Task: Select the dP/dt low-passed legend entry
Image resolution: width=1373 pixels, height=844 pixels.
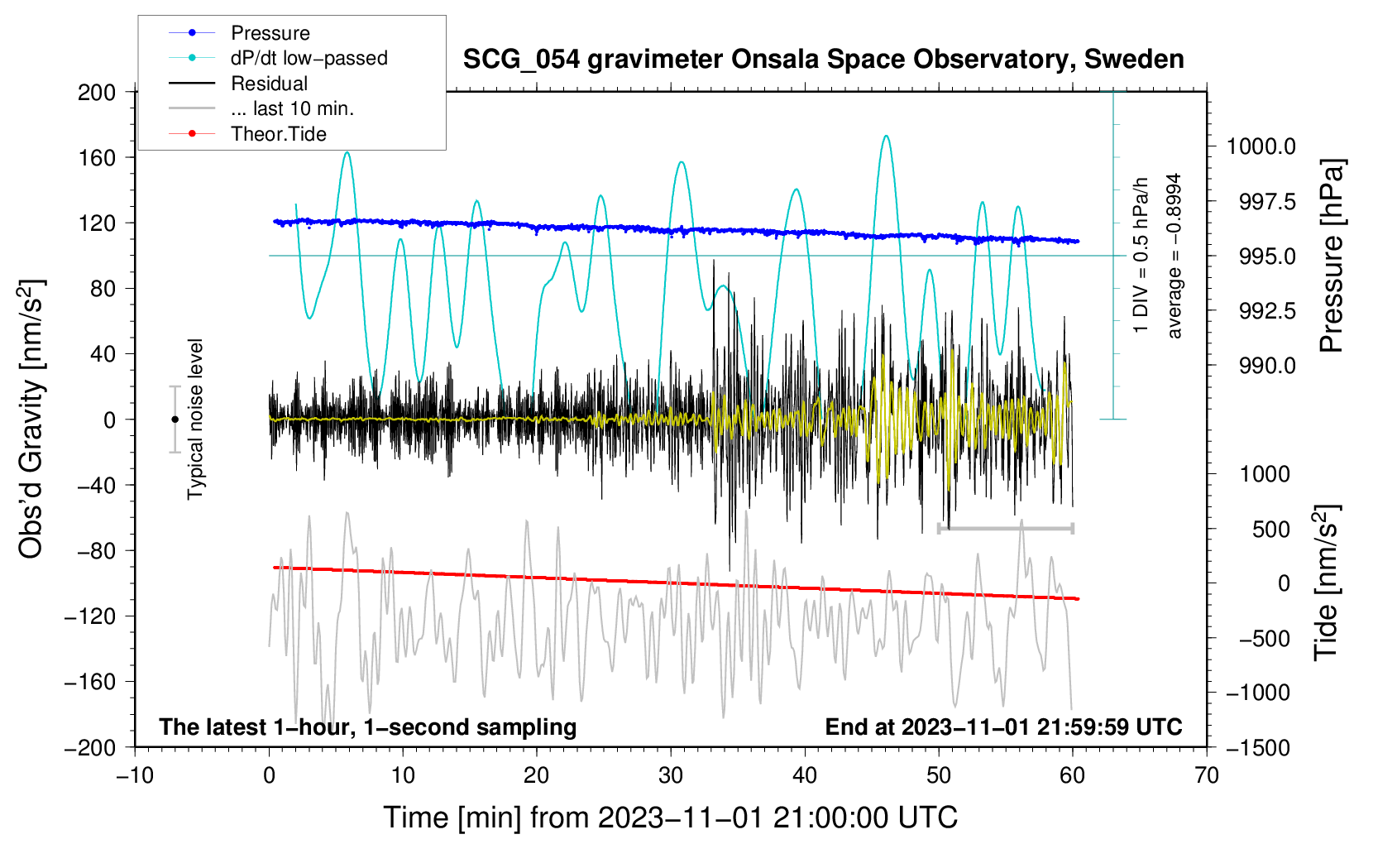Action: (309, 58)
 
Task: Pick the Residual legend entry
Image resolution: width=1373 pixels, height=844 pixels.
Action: (269, 84)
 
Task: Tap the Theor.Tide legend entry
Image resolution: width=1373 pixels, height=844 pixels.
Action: (278, 134)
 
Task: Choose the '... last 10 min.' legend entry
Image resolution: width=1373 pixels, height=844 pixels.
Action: (292, 108)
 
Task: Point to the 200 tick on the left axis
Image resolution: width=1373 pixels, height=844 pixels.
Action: (97, 92)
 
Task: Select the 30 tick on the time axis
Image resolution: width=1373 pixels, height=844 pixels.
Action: (671, 775)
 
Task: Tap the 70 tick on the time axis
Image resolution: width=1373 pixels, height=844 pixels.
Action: (1207, 775)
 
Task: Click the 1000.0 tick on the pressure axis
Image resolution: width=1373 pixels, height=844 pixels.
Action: (1261, 146)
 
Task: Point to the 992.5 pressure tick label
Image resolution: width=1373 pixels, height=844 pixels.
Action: (1261, 311)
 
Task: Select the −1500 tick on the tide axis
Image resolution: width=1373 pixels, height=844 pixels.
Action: (1258, 747)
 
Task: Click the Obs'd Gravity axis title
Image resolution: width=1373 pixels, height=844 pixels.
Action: (31, 419)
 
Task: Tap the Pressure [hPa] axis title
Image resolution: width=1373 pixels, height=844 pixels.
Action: (1331, 257)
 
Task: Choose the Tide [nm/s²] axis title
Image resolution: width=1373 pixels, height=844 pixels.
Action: (1326, 583)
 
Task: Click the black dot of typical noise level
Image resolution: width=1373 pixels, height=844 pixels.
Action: (175, 420)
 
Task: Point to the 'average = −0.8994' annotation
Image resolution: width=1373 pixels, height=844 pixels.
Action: (1174, 256)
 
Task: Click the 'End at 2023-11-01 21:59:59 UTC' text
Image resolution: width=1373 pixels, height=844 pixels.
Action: (1003, 727)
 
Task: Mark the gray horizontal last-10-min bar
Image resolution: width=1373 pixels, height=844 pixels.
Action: (1005, 528)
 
